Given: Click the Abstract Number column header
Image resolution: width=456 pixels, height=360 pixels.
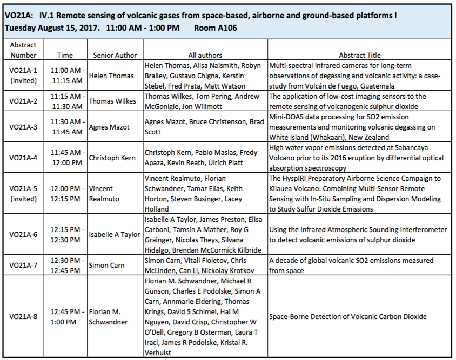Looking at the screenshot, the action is [23, 50].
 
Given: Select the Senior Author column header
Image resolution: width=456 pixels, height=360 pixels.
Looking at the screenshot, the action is [115, 55].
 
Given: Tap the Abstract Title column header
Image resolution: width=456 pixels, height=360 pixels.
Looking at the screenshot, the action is [360, 55].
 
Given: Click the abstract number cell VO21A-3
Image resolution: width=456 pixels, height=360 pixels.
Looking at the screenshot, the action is [23, 127].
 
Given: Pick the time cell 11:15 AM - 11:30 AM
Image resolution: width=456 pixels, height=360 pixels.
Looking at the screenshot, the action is [67, 101].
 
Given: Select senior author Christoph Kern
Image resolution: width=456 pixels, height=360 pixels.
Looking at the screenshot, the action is [112, 158].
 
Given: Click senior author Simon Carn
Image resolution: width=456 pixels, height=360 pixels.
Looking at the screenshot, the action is [107, 266].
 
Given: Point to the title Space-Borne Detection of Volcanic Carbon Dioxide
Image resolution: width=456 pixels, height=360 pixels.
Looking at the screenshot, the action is [348, 316].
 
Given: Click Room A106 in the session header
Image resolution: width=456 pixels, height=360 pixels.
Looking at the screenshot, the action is [216, 28].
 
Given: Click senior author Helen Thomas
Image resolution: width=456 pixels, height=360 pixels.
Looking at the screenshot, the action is [111, 76].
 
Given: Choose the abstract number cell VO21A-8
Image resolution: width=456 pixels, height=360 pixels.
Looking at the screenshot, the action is [23, 316].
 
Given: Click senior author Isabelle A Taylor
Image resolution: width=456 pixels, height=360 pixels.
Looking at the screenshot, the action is [115, 234].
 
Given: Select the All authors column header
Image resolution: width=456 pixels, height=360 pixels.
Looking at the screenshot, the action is [205, 55].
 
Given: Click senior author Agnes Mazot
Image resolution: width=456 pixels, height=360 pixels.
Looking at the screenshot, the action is [109, 127].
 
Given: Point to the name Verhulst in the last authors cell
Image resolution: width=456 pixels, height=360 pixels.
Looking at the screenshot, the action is [158, 353].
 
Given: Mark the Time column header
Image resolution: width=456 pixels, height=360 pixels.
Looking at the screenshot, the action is [65, 55].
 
